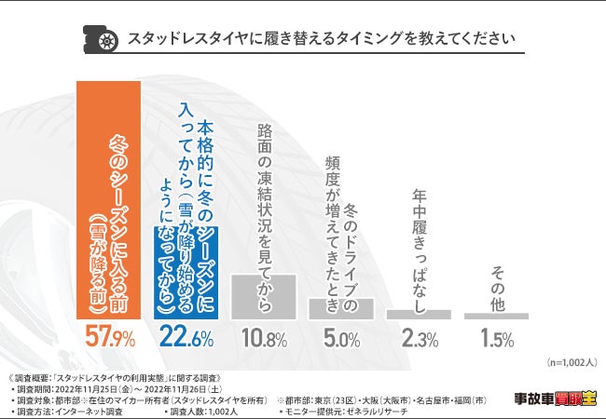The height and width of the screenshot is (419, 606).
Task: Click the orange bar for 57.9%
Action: pyautogui.click(x=107, y=201)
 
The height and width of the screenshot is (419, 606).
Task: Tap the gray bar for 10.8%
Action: pyautogui.click(x=264, y=297)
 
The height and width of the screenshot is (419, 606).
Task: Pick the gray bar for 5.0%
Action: pyautogui.click(x=341, y=310)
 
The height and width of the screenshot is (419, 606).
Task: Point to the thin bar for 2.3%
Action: pyautogui.click(x=419, y=315)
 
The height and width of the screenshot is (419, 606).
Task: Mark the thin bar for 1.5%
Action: pyautogui.click(x=496, y=317)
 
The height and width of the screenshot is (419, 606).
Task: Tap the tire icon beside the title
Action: pyautogui.click(x=107, y=40)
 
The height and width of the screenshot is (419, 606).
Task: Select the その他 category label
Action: pyautogui.click(x=496, y=285)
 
